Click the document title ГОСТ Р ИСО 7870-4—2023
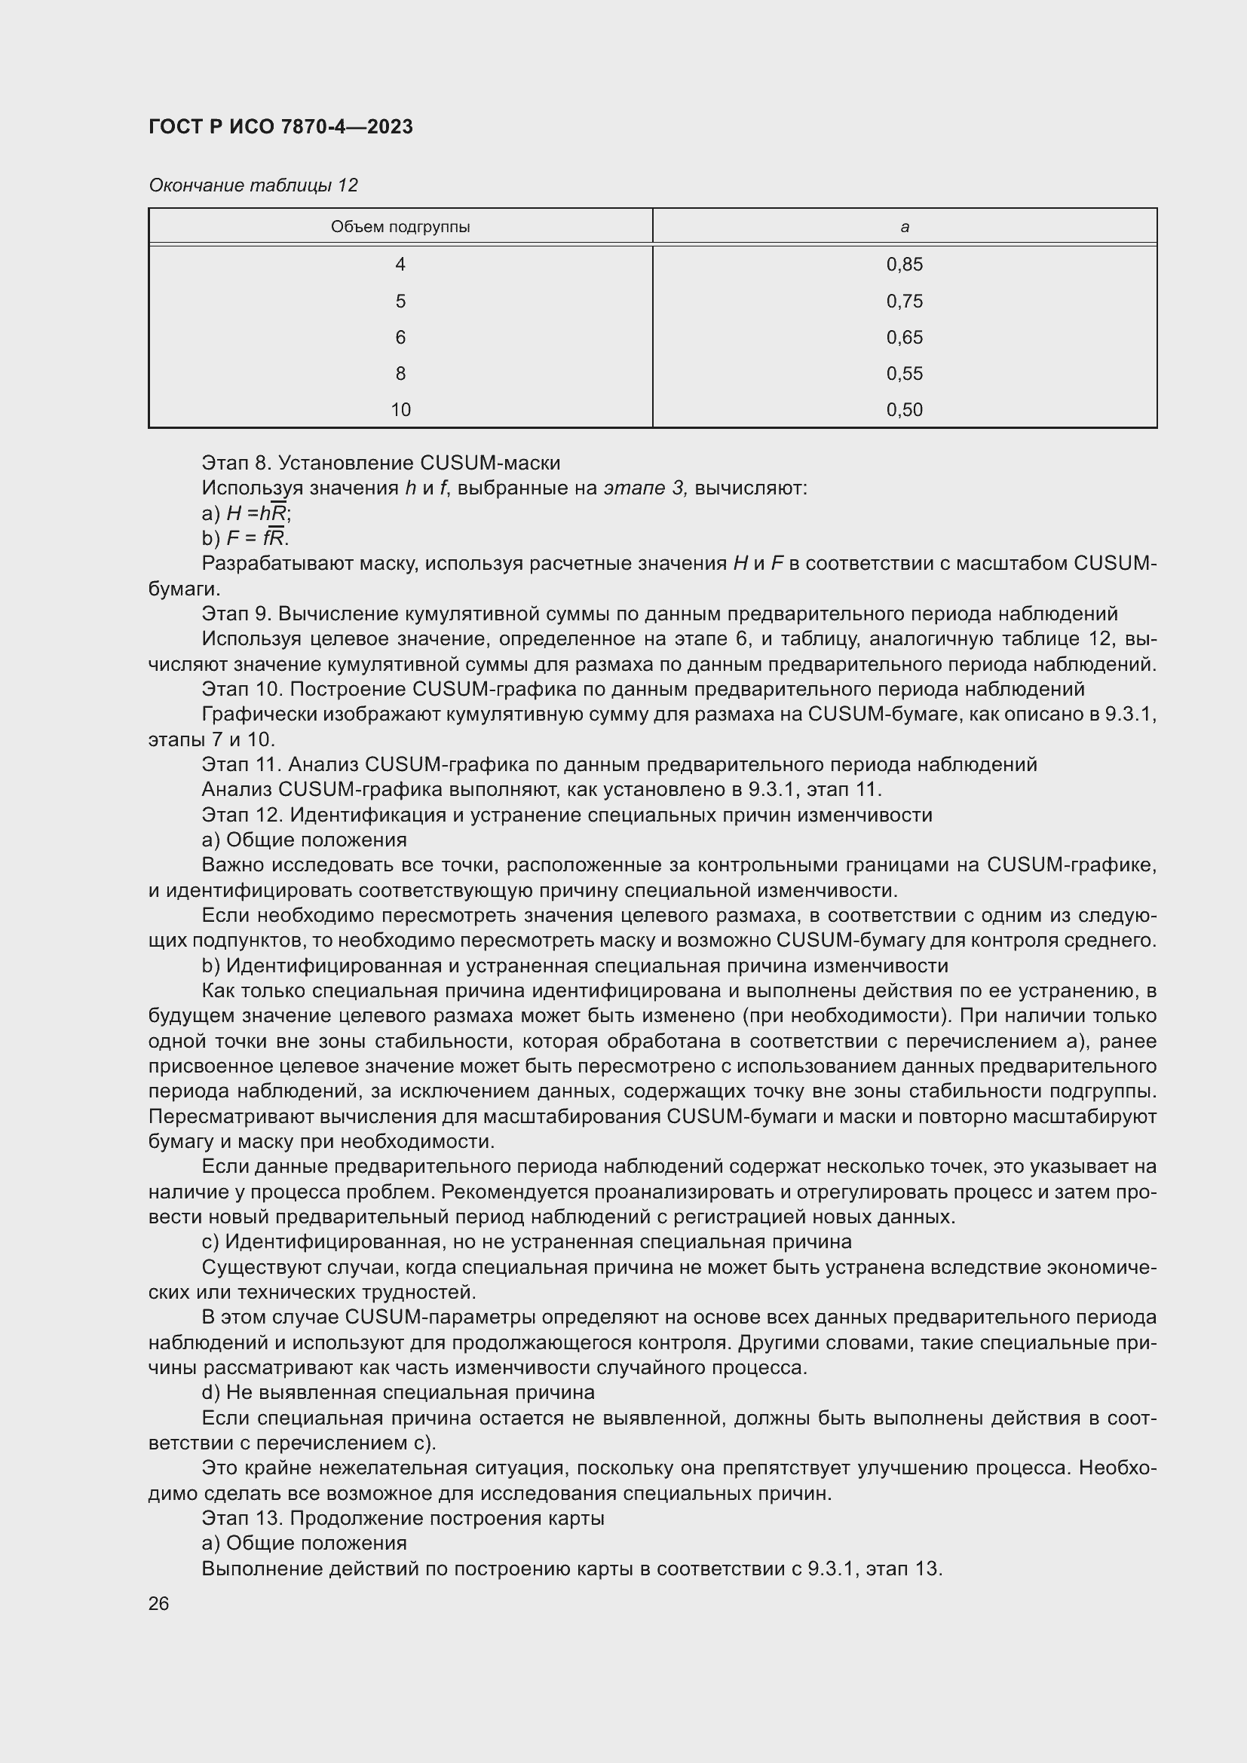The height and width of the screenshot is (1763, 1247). click(280, 127)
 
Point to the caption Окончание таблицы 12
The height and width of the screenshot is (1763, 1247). click(253, 185)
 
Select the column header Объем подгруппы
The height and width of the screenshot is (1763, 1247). click(400, 227)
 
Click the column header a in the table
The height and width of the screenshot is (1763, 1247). click(905, 227)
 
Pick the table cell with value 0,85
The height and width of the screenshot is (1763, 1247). click(904, 264)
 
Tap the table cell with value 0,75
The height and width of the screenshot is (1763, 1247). click(904, 301)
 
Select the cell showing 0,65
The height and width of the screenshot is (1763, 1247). click(904, 337)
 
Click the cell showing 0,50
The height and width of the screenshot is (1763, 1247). click(904, 409)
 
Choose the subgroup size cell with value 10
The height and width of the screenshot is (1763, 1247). click(400, 409)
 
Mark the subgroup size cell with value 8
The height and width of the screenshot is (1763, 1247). click(400, 373)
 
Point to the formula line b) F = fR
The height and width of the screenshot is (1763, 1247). click(245, 537)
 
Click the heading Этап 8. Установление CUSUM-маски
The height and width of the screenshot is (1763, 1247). click(380, 463)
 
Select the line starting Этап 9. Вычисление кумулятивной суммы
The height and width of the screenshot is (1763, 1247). click(659, 614)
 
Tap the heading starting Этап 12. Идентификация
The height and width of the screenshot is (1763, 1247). click(566, 815)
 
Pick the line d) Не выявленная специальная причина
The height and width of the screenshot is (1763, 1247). click(398, 1392)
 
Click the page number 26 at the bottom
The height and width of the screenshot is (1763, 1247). click(159, 1603)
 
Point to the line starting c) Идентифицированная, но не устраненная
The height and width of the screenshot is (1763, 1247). click(526, 1241)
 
